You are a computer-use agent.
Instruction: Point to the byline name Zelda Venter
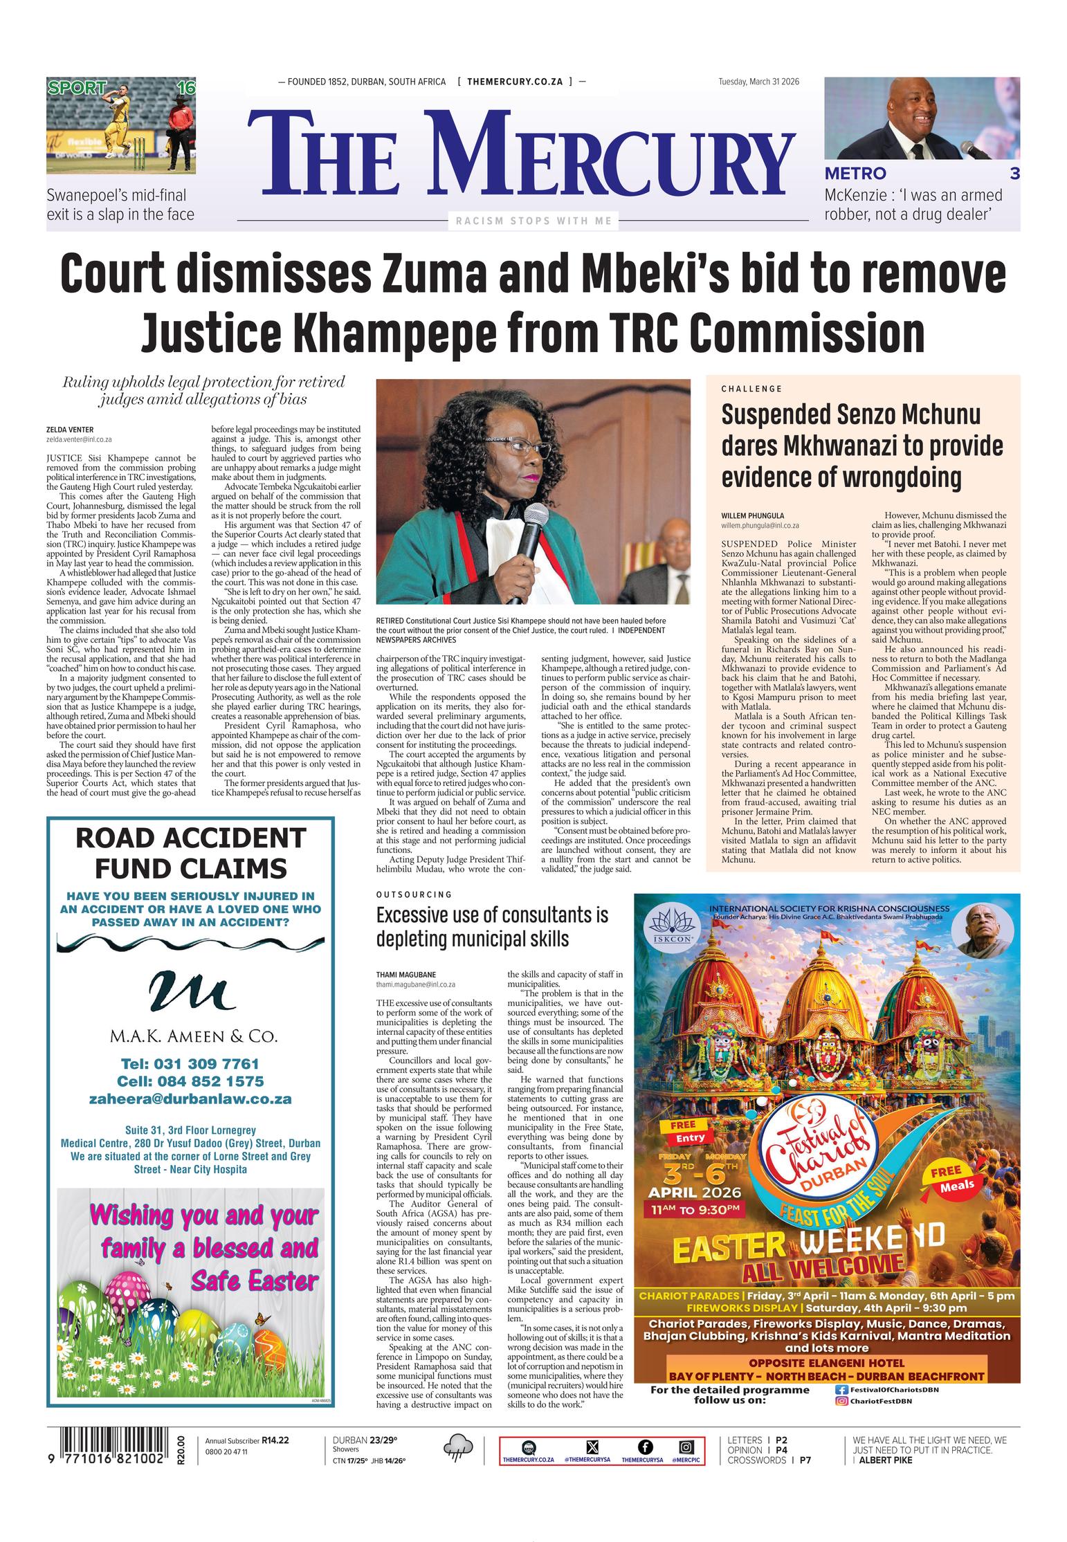point(70,430)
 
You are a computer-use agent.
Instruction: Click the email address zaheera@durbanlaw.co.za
point(190,1099)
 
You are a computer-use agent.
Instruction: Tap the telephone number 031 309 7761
point(190,1063)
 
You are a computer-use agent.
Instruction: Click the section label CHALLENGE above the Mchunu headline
point(751,389)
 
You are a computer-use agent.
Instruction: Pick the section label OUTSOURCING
point(414,894)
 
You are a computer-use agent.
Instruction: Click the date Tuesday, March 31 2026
point(758,82)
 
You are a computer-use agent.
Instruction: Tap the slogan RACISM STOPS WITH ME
point(533,221)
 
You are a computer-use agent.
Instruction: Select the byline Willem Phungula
point(752,515)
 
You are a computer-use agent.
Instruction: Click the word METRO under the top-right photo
point(855,174)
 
